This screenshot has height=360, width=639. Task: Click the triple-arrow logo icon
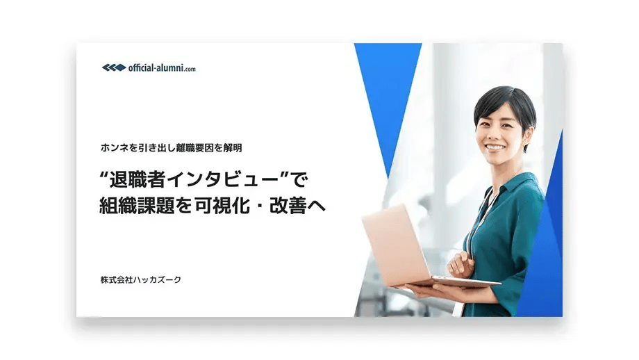pyautogui.click(x=113, y=67)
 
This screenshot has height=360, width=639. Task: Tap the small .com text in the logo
pyautogui.click(x=190, y=69)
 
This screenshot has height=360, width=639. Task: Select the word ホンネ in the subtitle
pyautogui.click(x=114, y=147)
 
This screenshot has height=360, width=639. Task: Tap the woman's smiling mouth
pyautogui.click(x=495, y=147)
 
